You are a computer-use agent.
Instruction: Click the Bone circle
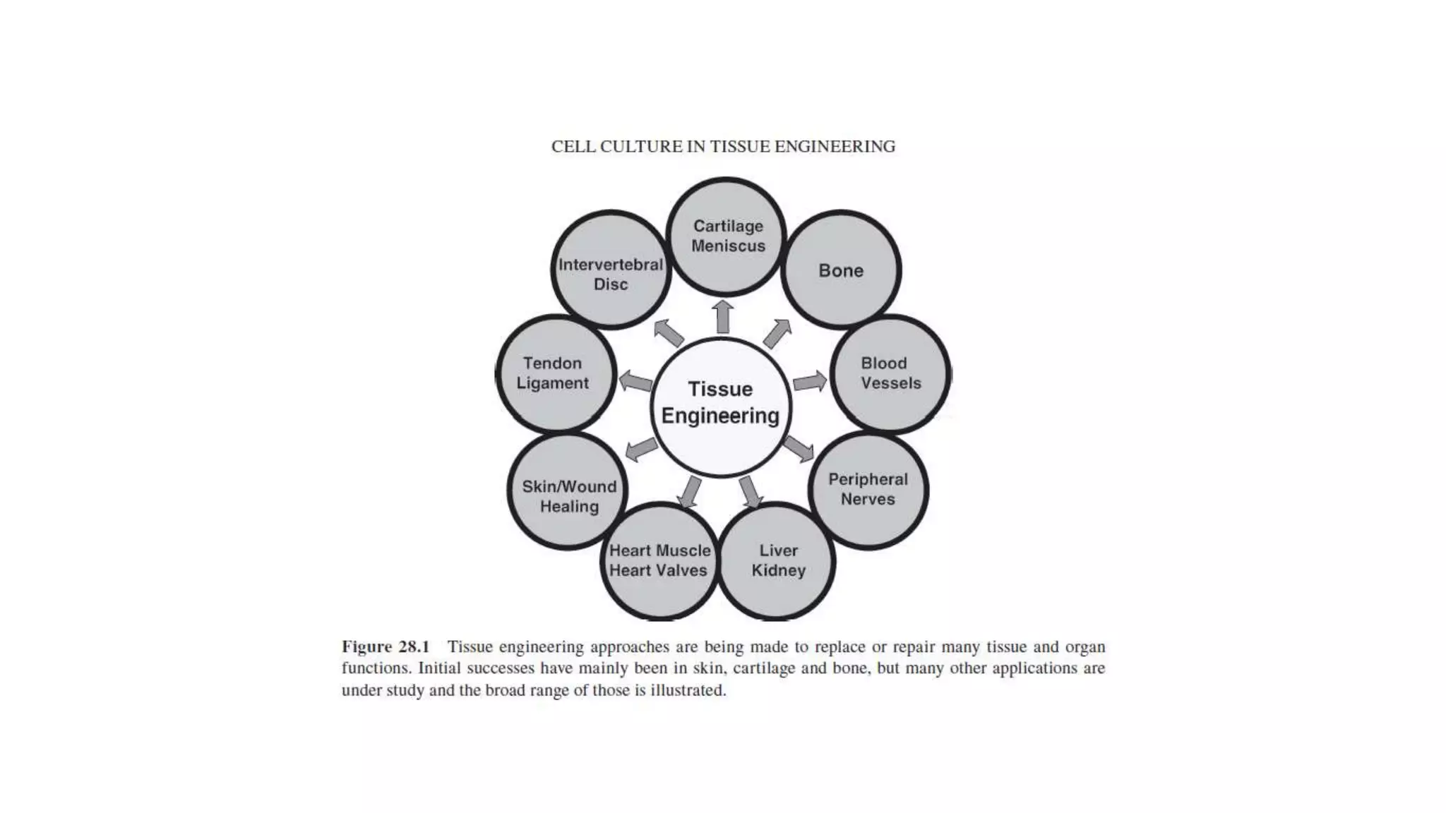840,270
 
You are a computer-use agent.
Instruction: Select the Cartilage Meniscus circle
727,236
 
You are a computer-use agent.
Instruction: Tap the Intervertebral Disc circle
611,270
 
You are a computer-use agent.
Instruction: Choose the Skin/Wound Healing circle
568,491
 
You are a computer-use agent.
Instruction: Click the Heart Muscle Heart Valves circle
659,561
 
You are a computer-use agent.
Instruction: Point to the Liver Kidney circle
777,561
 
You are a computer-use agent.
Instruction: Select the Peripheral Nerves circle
868,490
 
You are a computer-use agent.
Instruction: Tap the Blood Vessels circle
890,373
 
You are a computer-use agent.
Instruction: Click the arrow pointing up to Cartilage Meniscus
723,316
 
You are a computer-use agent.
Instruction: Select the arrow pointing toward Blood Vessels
809,382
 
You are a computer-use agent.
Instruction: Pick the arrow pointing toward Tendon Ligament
635,382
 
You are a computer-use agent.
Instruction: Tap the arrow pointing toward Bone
777,333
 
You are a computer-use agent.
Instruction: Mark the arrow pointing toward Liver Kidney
751,491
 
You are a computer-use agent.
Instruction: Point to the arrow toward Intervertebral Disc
668,332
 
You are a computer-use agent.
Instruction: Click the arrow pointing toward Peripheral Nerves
799,448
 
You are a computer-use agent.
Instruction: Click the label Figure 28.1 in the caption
386,646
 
